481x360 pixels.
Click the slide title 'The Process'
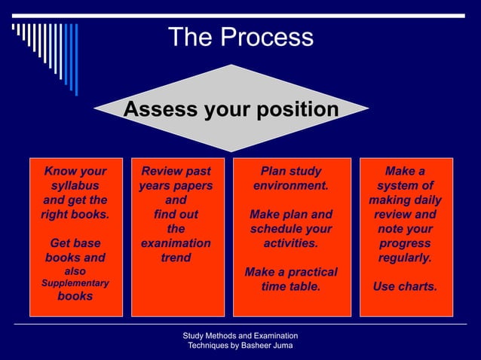click(240, 37)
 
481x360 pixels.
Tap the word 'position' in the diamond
click(296, 111)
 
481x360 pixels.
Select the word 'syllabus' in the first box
click(75, 185)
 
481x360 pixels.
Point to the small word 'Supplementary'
click(75, 283)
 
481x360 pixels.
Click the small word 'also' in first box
click(75, 271)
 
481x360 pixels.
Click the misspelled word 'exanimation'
click(176, 243)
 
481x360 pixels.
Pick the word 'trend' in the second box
click(176, 258)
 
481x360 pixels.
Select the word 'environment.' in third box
click(290, 185)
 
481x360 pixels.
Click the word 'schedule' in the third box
click(280, 229)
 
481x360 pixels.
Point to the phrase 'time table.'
click(290, 286)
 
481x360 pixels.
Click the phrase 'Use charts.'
click(405, 286)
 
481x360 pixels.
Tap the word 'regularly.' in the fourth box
click(405, 258)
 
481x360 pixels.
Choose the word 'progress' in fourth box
click(405, 243)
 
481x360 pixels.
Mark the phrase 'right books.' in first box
click(75, 215)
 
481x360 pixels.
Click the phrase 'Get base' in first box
click(75, 243)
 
